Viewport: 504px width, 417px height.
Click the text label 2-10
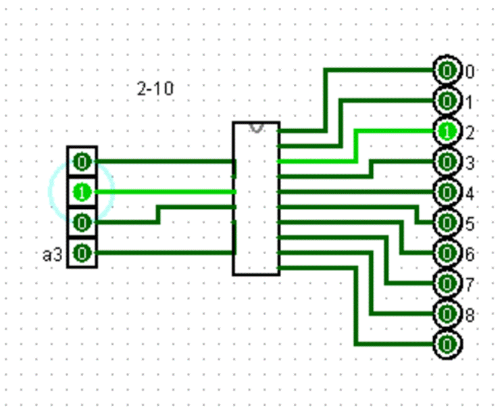click(x=155, y=89)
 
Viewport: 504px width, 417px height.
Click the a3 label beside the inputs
click(x=53, y=255)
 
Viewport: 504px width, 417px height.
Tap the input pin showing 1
click(x=82, y=192)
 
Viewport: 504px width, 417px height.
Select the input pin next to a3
click(x=82, y=253)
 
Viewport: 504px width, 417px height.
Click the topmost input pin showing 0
click(x=82, y=162)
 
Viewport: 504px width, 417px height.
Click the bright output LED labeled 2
click(x=447, y=132)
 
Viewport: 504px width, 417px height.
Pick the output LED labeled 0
click(x=447, y=71)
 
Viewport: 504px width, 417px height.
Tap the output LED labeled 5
click(x=447, y=223)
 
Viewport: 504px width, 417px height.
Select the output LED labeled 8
click(x=447, y=314)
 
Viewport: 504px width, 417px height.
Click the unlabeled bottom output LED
click(x=447, y=345)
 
